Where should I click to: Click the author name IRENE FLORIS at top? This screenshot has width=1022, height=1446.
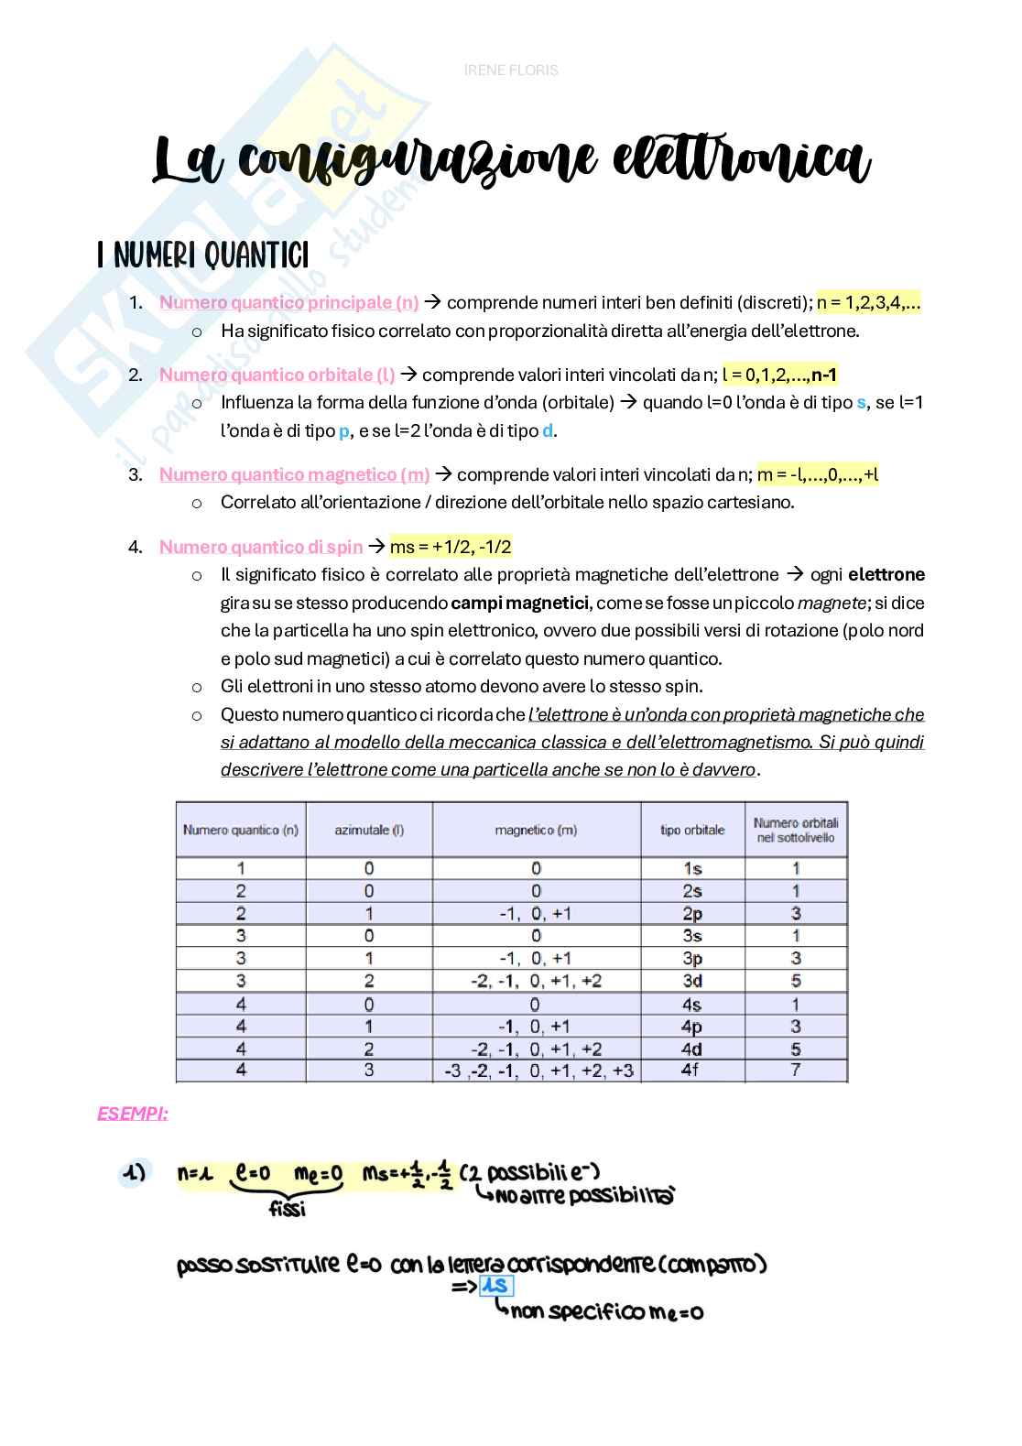coord(511,71)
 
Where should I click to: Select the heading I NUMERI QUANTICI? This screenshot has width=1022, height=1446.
coord(203,255)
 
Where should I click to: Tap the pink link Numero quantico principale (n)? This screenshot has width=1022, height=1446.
coord(288,303)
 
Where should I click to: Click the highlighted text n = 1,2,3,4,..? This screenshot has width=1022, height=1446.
coord(867,303)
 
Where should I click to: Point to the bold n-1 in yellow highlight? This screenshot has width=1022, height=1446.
coord(823,375)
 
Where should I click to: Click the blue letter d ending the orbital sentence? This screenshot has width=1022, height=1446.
coord(548,430)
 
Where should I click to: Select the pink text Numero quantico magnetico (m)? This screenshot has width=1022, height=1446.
coord(294,474)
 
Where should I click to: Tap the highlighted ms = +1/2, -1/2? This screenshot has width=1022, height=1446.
coord(451,547)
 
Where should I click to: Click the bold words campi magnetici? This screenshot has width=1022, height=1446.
coord(520,603)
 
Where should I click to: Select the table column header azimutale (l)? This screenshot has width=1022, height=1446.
coord(369,830)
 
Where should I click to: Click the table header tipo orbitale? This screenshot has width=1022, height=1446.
coord(692,830)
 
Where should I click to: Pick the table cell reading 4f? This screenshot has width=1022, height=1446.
coord(691,1070)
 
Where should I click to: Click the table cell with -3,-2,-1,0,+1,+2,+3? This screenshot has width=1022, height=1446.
coord(538,1071)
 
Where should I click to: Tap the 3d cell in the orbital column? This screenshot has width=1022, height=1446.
coord(692,981)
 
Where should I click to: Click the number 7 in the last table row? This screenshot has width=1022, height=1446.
coord(796,1070)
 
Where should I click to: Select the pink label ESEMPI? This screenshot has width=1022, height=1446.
coord(133,1114)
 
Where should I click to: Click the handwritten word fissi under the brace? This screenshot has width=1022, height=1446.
coord(287,1209)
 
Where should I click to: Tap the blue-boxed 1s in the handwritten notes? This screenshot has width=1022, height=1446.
coord(495,1286)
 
